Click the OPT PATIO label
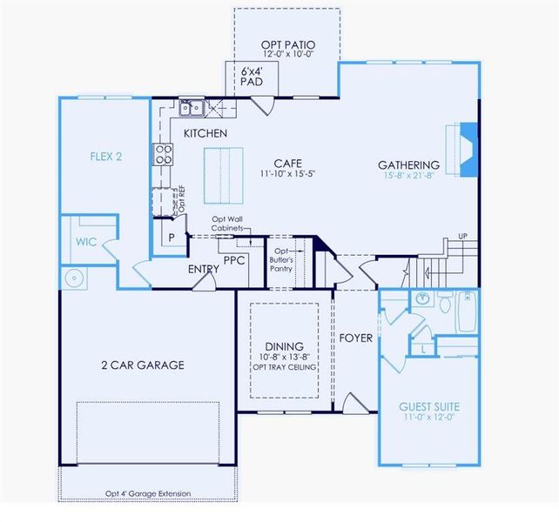[287, 44]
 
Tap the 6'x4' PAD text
[250, 76]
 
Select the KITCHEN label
[205, 133]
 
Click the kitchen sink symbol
[192, 109]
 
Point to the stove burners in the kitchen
[163, 154]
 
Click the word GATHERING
[408, 164]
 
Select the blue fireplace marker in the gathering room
[468, 140]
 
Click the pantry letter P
[172, 238]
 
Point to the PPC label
[233, 258]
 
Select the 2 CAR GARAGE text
[142, 365]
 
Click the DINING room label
[283, 345]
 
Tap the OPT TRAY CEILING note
[283, 366]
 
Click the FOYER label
[356, 337]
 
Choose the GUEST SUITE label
[429, 406]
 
